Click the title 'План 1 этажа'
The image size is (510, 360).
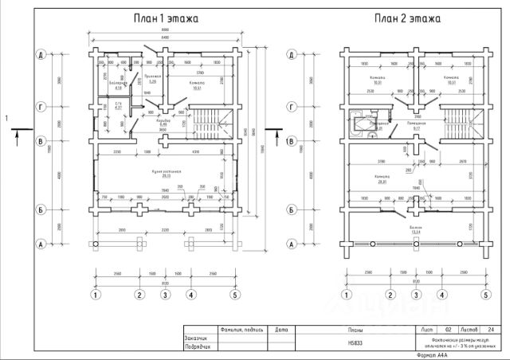[x=165, y=18]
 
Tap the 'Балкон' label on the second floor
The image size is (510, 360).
[x=417, y=229]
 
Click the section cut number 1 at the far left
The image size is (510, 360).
[x=7, y=119]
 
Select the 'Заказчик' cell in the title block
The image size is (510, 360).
[x=200, y=338]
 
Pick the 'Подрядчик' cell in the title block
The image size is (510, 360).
[x=200, y=347]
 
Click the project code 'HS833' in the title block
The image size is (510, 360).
[x=355, y=343]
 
